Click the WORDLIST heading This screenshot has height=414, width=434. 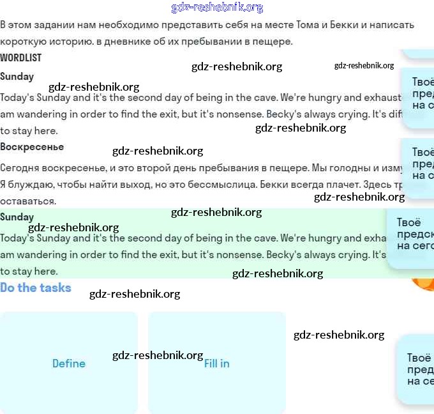[x=21, y=57]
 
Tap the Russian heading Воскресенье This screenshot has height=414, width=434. [x=32, y=146]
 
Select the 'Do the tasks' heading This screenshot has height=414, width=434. [x=36, y=287]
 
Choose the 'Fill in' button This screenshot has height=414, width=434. [x=217, y=363]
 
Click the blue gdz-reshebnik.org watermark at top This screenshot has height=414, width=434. [x=217, y=8]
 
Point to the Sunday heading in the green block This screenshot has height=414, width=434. [x=17, y=217]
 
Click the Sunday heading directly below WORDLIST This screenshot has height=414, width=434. [x=17, y=76]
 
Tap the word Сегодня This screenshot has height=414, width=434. [x=19, y=168]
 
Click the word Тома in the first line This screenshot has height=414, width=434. [x=308, y=25]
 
